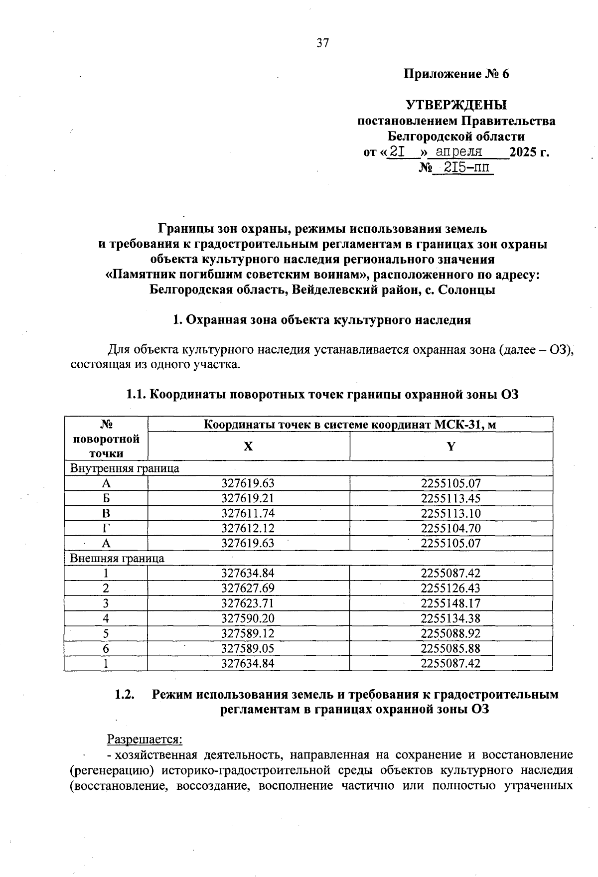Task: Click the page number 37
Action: (322, 43)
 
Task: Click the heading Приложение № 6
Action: (456, 74)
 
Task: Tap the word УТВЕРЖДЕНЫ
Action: (456, 105)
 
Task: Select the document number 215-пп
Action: (463, 167)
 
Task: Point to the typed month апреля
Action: (458, 151)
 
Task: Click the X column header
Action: (248, 446)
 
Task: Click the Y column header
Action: (451, 446)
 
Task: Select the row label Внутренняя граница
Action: (125, 468)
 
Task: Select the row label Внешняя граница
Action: (117, 558)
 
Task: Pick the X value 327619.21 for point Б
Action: (248, 498)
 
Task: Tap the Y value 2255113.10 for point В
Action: (450, 513)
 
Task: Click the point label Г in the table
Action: (106, 528)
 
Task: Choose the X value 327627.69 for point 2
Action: (248, 588)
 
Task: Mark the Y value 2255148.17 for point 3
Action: (450, 603)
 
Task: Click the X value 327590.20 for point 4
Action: (248, 618)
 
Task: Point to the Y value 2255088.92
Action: (450, 633)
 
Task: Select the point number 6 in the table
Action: (106, 648)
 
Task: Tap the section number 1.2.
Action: (125, 694)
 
